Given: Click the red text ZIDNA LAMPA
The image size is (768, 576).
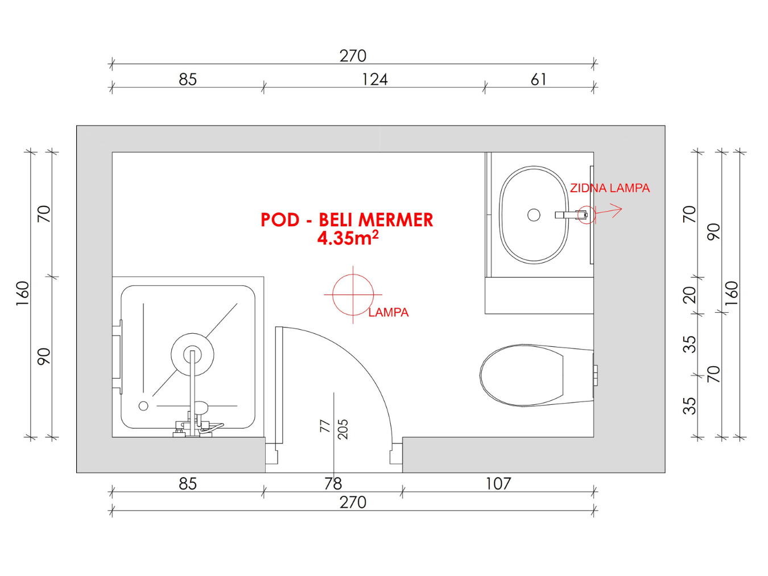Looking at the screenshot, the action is coord(609,188).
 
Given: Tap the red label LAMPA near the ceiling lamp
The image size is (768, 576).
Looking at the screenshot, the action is coord(389,312).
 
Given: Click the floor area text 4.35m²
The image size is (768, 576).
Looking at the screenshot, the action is coord(348,238).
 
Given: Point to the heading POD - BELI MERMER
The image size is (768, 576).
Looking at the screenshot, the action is coord(346,220).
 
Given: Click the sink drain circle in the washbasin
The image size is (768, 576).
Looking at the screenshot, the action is coord(534,215).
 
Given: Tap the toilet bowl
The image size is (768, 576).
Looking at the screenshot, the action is coord(537,375).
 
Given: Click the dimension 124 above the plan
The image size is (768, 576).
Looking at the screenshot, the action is coord(374,80).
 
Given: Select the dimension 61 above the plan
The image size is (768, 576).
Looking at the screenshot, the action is coord(538,80).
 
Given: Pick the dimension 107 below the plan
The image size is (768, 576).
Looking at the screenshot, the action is coord(498,484).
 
